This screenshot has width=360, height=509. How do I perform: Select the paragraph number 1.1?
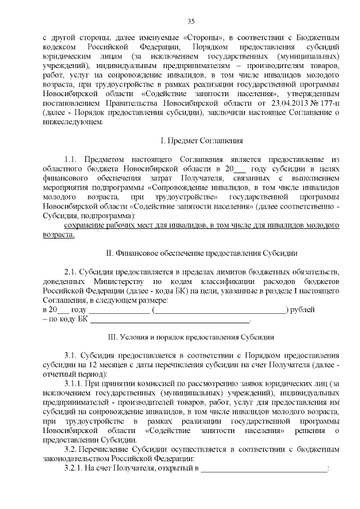74,160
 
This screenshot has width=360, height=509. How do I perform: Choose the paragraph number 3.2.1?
76,469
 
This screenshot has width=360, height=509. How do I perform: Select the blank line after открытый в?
264,469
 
